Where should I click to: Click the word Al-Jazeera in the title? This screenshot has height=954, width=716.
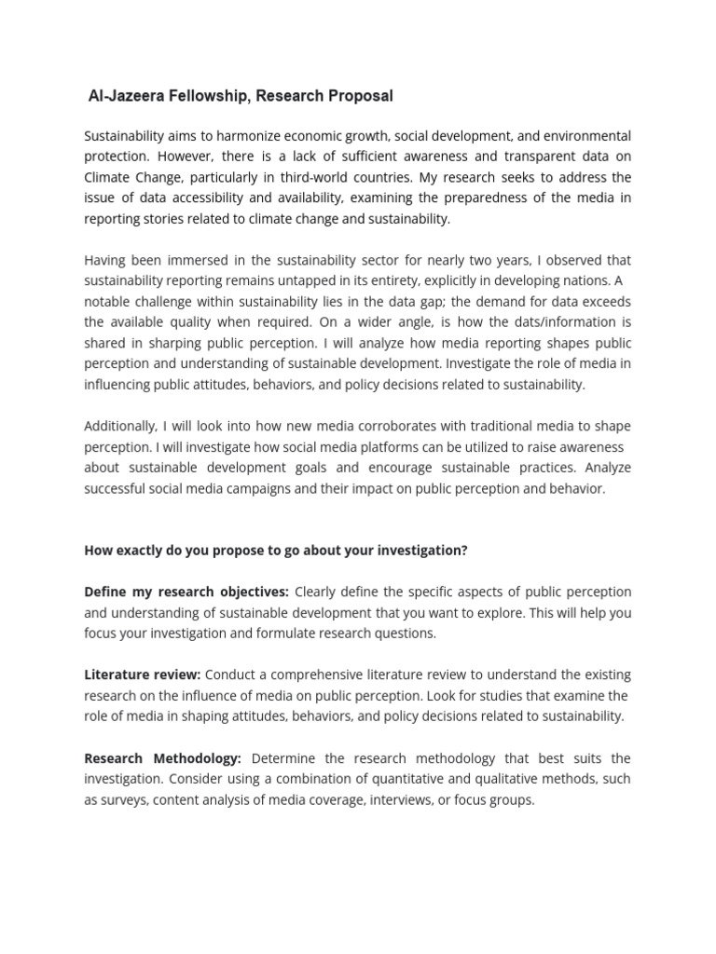[127, 96]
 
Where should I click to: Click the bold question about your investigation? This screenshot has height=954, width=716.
[276, 551]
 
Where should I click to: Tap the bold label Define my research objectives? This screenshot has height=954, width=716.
[186, 592]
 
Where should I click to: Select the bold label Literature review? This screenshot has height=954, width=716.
[143, 675]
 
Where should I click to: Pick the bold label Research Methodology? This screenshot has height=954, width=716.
[163, 758]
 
